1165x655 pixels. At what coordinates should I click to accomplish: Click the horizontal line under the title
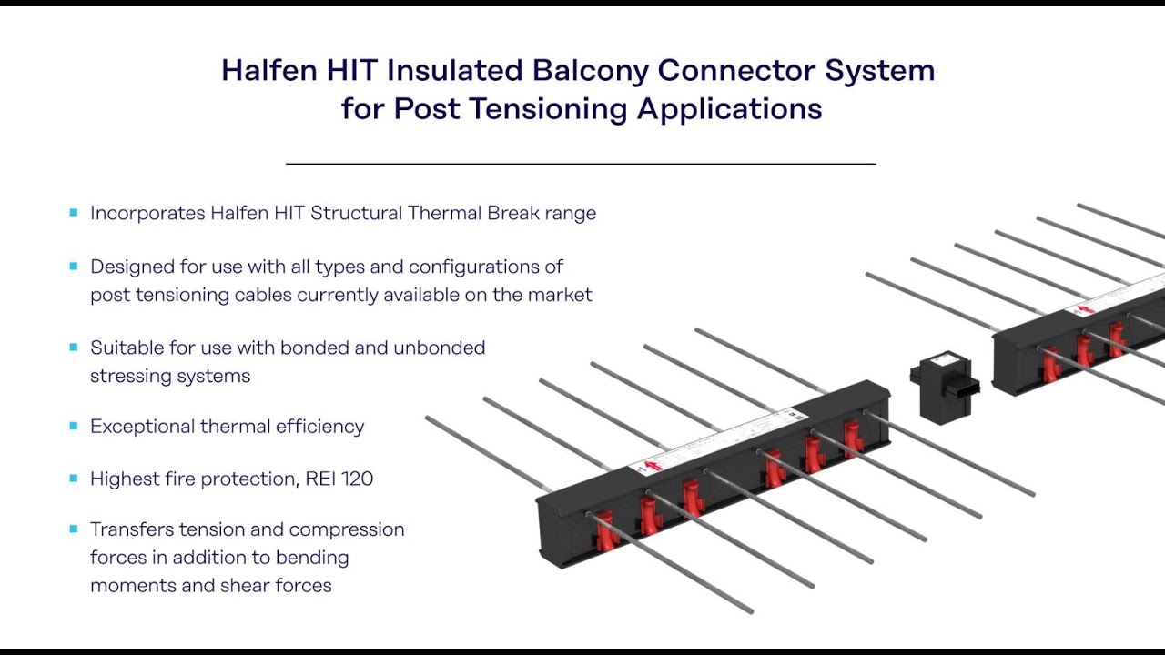(x=581, y=164)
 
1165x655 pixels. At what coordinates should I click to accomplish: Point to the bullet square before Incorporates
(x=74, y=213)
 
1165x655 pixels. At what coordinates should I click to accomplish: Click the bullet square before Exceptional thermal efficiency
(x=74, y=426)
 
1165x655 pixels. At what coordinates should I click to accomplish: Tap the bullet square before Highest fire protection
(x=74, y=479)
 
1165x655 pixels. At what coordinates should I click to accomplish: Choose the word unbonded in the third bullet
(x=439, y=348)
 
